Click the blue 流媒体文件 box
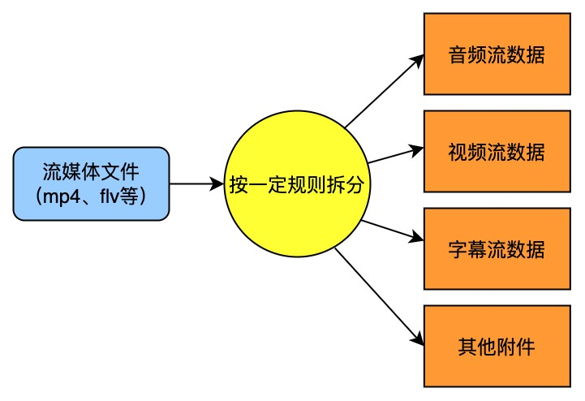91,183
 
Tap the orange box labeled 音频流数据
496,55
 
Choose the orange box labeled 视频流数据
496,152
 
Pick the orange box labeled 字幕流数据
496,248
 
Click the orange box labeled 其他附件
496,346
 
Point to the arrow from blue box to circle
196,184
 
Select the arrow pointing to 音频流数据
385,92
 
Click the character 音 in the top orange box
457,56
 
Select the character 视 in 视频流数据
457,153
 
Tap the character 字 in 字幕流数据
457,249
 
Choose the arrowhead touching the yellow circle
217,184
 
